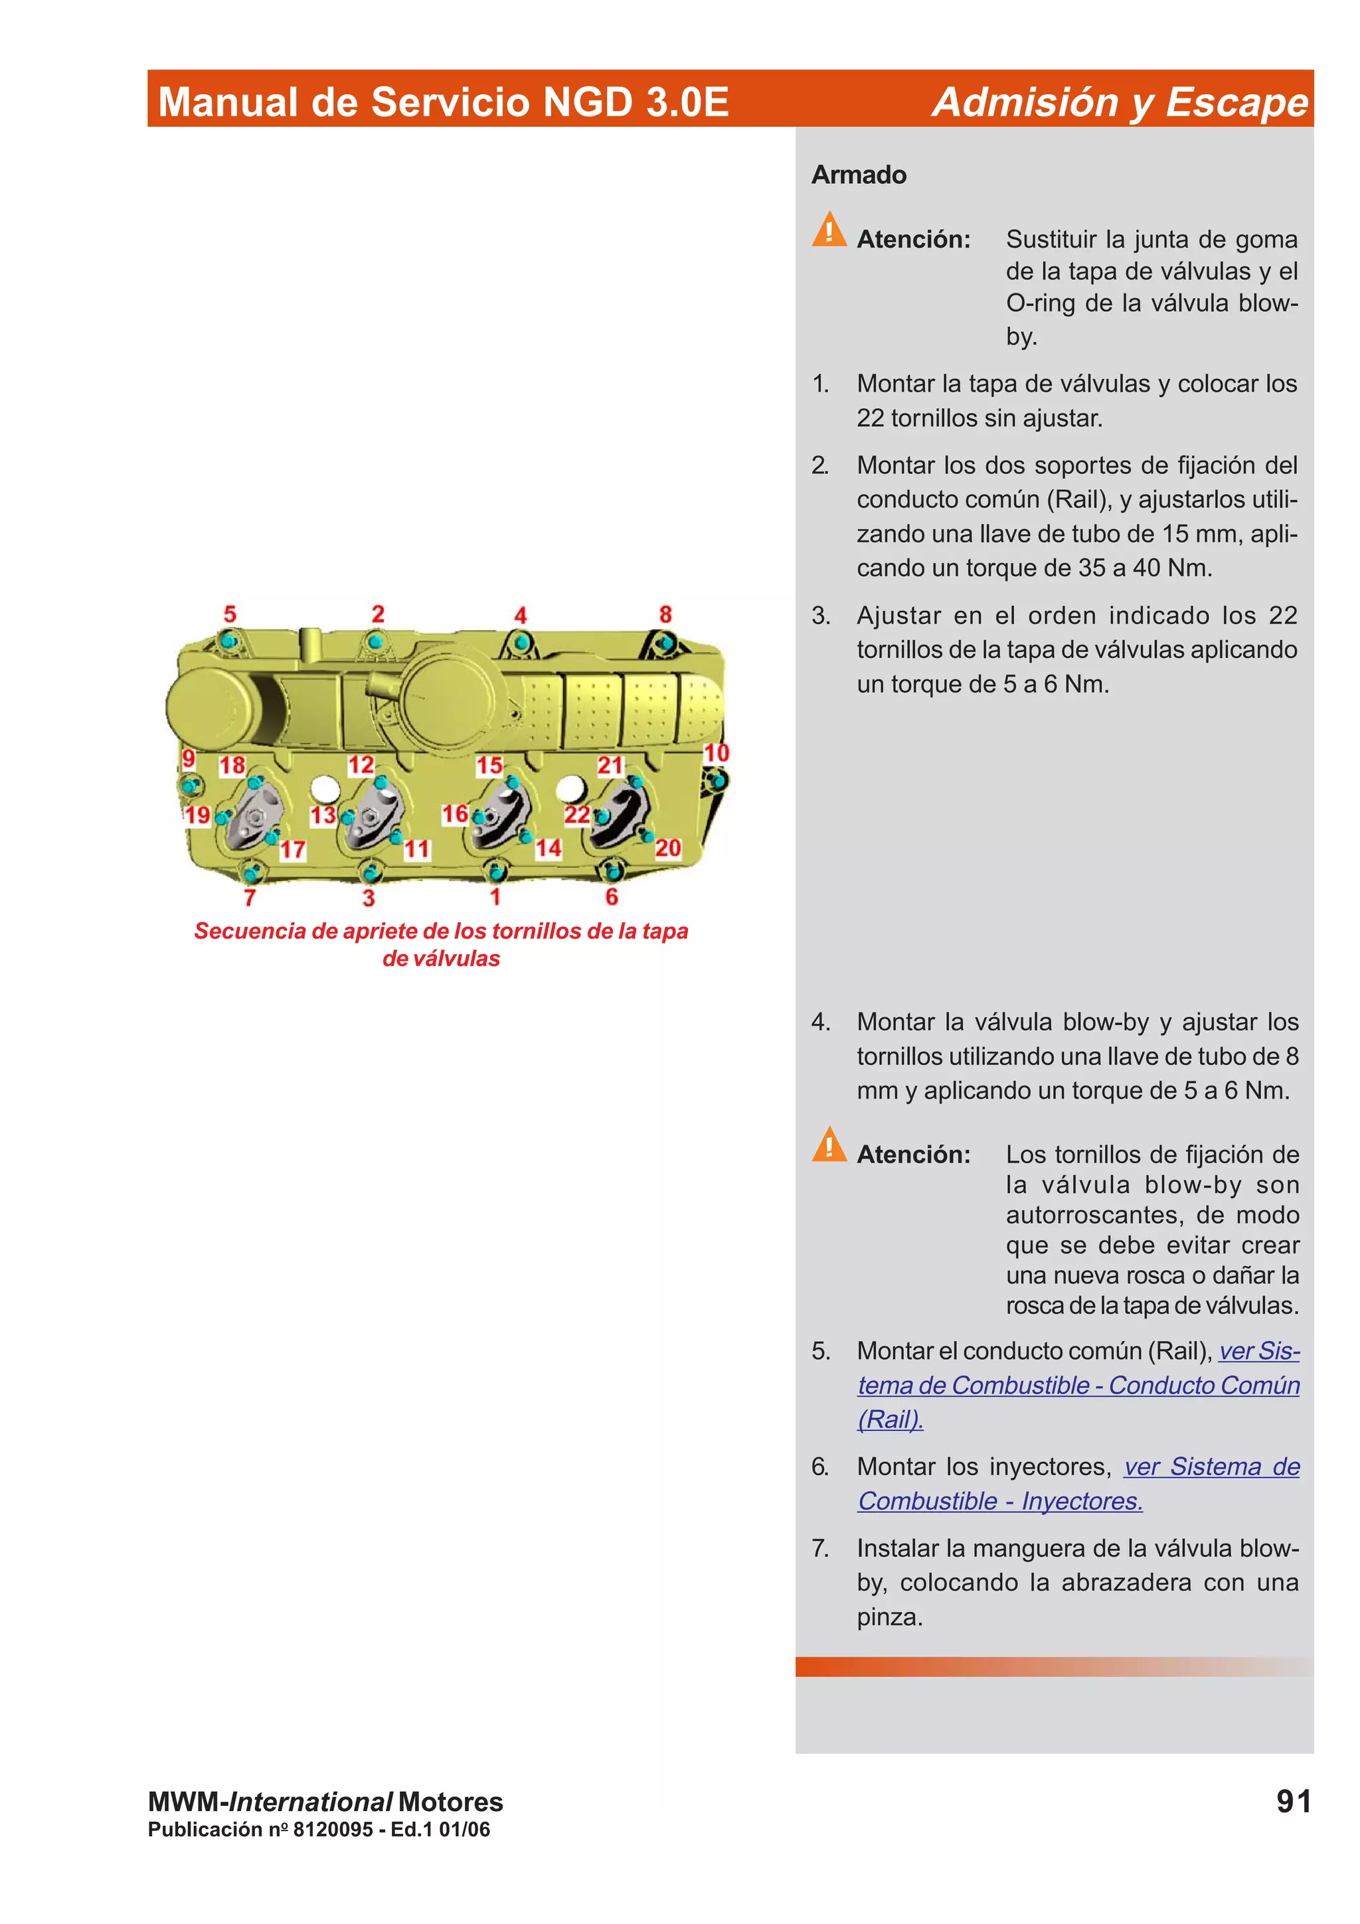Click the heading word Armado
click(x=858, y=175)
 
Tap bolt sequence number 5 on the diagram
click(x=230, y=614)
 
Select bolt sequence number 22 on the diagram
click(x=576, y=815)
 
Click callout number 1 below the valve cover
click(x=495, y=897)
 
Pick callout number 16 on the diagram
click(x=455, y=814)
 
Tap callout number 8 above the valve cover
click(x=665, y=614)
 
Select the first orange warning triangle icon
click(x=829, y=230)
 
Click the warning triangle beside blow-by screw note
click(x=829, y=1145)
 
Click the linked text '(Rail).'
click(x=890, y=1419)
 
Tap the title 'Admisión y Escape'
click(x=1120, y=102)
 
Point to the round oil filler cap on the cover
click(x=449, y=694)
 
